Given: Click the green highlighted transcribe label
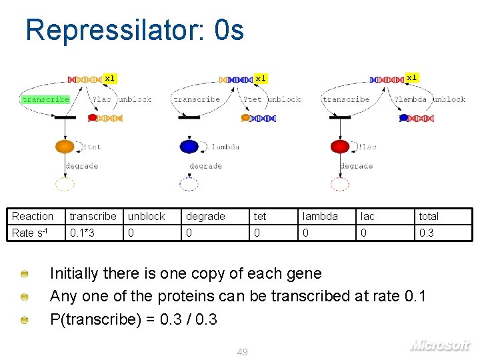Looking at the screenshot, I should click(x=45, y=99).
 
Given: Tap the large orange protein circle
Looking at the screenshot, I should click(x=65, y=147).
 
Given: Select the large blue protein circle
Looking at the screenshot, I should click(x=189, y=147).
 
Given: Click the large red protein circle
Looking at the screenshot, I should click(x=340, y=147).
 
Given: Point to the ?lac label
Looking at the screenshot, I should click(x=101, y=99).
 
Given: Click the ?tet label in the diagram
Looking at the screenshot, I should click(x=253, y=99).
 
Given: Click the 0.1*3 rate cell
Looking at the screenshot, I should click(x=82, y=233).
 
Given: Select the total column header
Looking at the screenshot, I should click(x=429, y=216).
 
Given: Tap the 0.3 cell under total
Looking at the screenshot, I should click(x=426, y=233).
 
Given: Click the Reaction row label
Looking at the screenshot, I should click(x=32, y=216).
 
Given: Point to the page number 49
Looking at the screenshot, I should click(x=242, y=351).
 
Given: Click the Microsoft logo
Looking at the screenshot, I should click(x=439, y=345).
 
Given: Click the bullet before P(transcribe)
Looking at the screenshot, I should click(x=24, y=320).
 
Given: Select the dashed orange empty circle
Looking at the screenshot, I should click(x=65, y=184).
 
